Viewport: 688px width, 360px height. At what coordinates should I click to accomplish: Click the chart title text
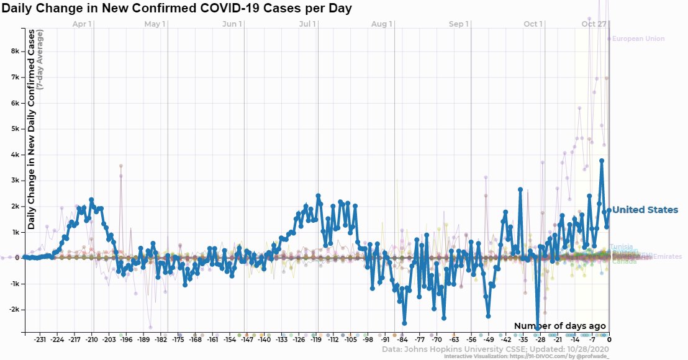(176, 9)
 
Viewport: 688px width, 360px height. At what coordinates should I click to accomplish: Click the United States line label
(645, 210)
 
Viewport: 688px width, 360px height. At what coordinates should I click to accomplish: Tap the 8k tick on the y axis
(14, 52)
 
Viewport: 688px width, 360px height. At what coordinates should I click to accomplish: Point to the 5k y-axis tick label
(14, 129)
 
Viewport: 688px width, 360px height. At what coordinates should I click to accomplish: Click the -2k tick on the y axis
(13, 309)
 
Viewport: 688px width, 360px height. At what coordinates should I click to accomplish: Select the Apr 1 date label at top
(82, 24)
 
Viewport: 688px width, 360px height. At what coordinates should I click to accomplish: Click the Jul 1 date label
(307, 24)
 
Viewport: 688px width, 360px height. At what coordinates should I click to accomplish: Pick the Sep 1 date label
(458, 24)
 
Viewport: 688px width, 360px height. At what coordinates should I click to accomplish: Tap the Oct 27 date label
(594, 24)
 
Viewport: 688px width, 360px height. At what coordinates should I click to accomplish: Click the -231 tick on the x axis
(40, 340)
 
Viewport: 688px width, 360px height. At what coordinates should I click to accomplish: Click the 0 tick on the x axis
(609, 340)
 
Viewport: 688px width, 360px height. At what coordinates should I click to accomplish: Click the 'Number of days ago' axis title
(559, 326)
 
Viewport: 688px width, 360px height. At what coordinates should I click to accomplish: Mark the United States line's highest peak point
(602, 161)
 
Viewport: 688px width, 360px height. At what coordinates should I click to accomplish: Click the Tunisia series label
(621, 246)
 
